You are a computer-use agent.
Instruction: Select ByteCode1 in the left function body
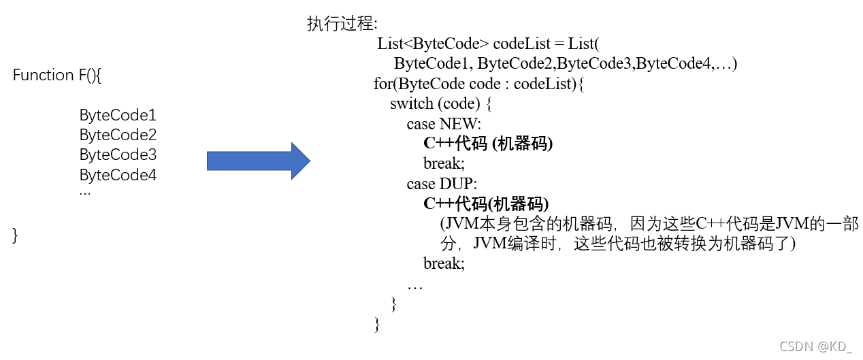click(118, 115)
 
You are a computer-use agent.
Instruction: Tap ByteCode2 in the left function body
click(118, 135)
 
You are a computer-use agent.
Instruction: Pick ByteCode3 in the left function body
click(118, 155)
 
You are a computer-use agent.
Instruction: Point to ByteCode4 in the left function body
click(118, 175)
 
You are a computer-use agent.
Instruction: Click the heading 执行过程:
click(342, 24)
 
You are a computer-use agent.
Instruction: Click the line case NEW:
click(444, 124)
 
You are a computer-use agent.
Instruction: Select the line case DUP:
click(442, 184)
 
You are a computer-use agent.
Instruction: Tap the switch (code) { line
click(440, 104)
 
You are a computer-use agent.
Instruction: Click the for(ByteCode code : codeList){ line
click(479, 84)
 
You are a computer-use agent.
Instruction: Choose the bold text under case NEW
click(488, 144)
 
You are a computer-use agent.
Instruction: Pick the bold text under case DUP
click(486, 203)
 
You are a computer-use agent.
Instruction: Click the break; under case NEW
click(444, 164)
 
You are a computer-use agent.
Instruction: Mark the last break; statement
click(444, 263)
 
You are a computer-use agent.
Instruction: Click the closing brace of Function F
click(15, 235)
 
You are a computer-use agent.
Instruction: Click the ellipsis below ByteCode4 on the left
click(85, 193)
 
